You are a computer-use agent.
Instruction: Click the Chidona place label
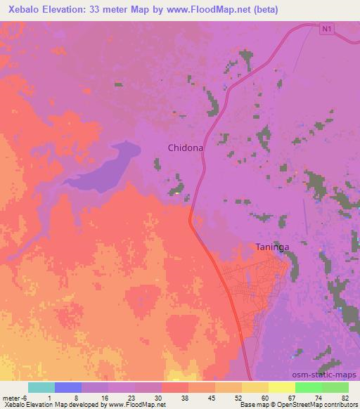186,148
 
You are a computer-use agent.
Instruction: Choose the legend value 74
320,397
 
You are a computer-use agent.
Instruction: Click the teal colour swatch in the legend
41,387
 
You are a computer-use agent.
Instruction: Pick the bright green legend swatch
309,387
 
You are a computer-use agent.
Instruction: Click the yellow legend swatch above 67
282,387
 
